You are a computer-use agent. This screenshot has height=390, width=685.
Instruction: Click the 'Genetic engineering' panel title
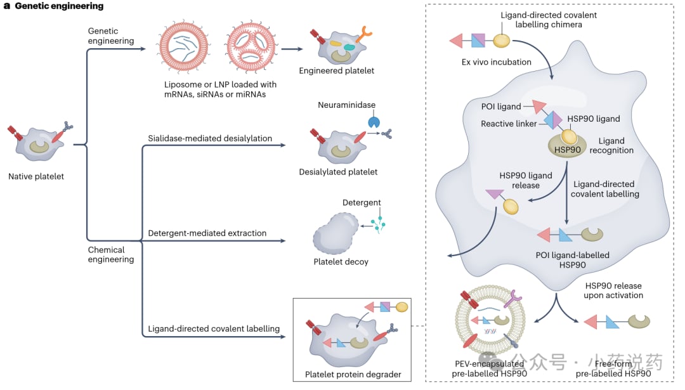click(x=59, y=6)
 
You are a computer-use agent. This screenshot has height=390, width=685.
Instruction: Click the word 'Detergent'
click(x=362, y=203)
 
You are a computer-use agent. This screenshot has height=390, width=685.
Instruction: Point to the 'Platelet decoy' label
click(x=341, y=261)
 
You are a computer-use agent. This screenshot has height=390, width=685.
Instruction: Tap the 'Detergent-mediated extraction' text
click(x=207, y=233)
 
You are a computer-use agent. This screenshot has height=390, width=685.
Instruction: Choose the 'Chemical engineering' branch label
click(x=111, y=254)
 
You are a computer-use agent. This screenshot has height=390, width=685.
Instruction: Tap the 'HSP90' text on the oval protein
click(x=567, y=150)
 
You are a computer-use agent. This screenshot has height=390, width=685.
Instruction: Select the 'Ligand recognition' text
click(x=611, y=145)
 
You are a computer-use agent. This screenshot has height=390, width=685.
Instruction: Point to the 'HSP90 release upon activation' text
click(x=613, y=290)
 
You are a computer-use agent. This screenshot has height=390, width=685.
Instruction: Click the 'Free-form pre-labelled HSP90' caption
click(x=612, y=369)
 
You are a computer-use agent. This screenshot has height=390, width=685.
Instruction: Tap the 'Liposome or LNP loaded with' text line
click(x=220, y=84)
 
